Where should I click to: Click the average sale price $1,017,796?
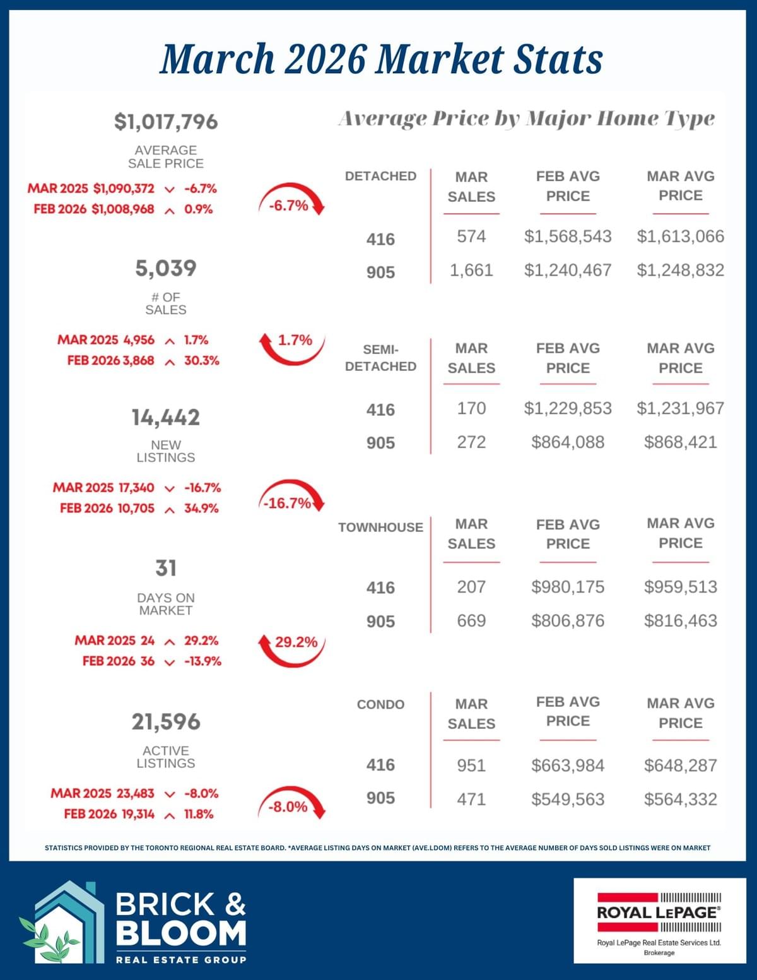coord(166,121)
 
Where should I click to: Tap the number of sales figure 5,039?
coord(166,268)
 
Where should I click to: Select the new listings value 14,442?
coord(166,417)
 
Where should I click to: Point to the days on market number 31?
coord(166,568)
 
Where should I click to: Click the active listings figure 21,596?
coord(166,721)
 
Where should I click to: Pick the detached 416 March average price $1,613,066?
coord(680,237)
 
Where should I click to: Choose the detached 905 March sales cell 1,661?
coord(471,271)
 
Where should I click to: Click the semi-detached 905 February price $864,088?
coord(568,442)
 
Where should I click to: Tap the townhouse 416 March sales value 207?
coord(471,587)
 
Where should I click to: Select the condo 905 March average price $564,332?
coord(680,800)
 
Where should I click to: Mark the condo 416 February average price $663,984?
coord(568,765)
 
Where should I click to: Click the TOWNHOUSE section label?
coord(380,528)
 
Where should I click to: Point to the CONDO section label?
coord(380,704)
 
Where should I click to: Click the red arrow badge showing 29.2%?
coord(293,647)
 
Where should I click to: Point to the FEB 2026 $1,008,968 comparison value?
coord(122,209)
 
